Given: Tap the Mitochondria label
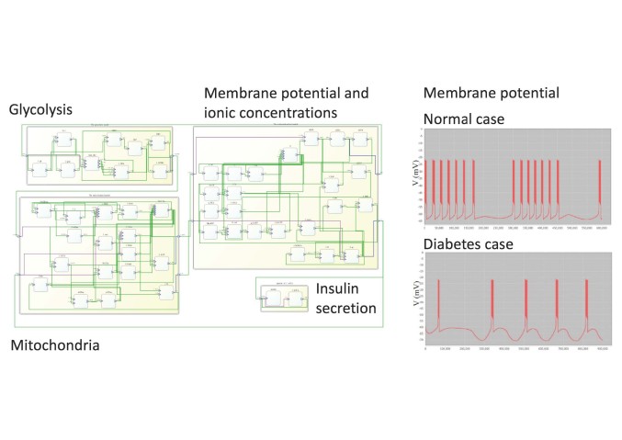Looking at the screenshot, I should coord(56,345).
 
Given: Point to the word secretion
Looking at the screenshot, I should coord(346,309).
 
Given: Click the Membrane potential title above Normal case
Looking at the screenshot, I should coord(491,94).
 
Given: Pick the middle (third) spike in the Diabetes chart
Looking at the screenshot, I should coord(526,303).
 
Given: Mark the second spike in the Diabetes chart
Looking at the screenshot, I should coord(492,303).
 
